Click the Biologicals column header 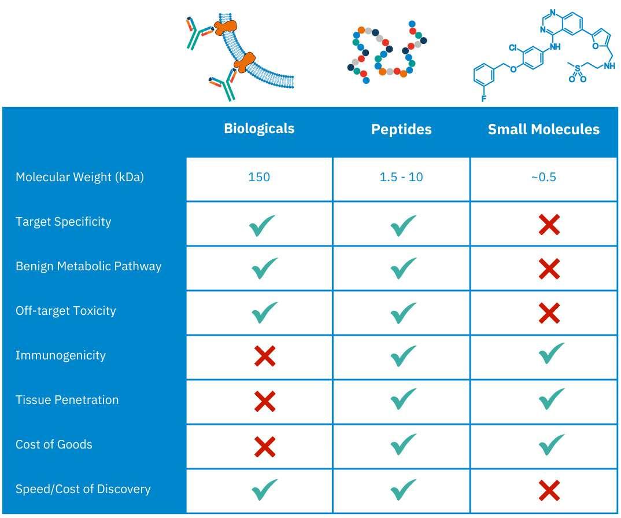point(259,128)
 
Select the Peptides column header point(401,129)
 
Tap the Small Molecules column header point(544,129)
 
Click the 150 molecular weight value point(259,177)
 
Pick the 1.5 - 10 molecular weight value point(401,177)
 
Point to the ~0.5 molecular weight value point(544,177)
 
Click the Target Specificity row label point(63,222)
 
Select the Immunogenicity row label point(60,355)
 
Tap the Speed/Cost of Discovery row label point(83,489)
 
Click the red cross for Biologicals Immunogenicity point(264,356)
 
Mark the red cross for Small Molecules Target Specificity point(548,224)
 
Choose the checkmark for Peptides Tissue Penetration point(403,399)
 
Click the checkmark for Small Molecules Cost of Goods point(551,444)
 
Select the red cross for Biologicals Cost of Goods point(264,446)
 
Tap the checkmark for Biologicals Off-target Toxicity point(264,313)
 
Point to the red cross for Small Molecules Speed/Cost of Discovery point(548,491)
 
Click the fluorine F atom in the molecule point(483,98)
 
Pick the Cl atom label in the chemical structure point(513,47)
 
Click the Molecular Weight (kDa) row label point(79,177)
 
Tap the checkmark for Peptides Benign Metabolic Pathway point(403,267)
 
